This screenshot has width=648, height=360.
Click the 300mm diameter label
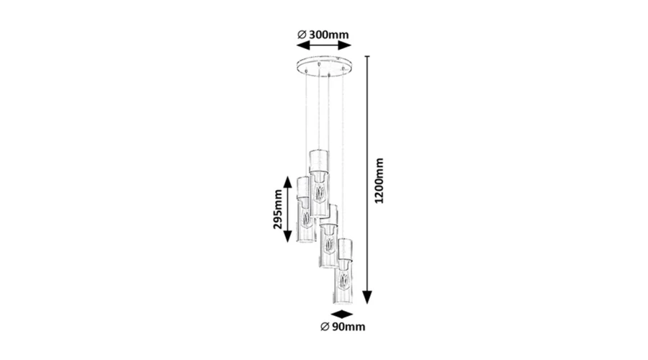click(x=323, y=35)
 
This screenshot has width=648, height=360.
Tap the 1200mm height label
click(x=379, y=181)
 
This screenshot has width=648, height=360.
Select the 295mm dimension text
click(x=278, y=209)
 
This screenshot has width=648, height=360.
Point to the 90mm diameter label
click(x=343, y=327)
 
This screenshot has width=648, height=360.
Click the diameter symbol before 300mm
click(x=302, y=35)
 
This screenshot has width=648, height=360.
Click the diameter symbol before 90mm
click(x=325, y=327)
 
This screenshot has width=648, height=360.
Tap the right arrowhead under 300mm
click(x=345, y=45)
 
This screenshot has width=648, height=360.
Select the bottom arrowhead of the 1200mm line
click(x=367, y=297)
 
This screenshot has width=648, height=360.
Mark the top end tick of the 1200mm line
click(x=367, y=56)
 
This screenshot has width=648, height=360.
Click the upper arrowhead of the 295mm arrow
click(x=288, y=182)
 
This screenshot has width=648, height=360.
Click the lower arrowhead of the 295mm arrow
click(x=288, y=235)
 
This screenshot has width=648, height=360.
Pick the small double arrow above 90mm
click(x=342, y=315)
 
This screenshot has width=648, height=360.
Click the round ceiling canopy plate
click(x=324, y=66)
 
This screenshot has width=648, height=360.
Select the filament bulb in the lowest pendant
click(x=342, y=282)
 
